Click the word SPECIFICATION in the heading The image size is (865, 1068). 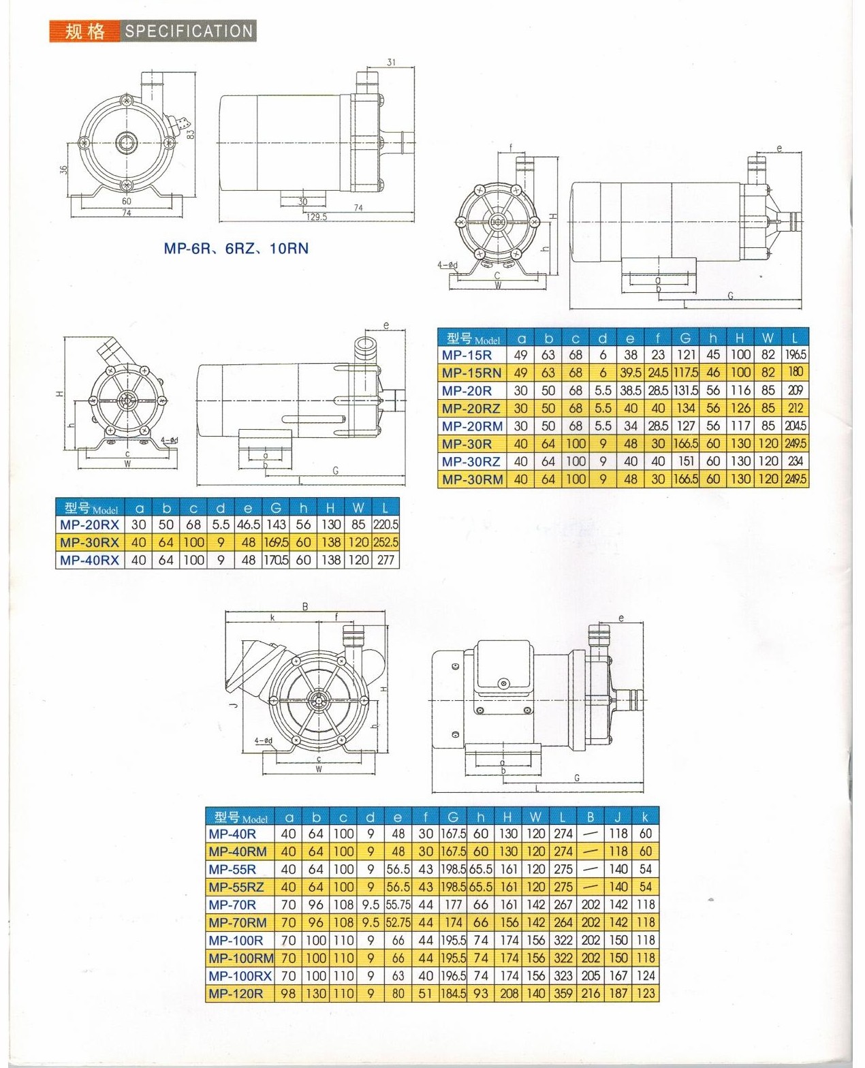189,31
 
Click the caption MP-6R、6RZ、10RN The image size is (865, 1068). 236,249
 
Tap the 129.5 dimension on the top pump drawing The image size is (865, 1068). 317,217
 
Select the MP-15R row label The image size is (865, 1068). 467,355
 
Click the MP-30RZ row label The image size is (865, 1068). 471,461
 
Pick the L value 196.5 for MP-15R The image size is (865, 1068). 795,355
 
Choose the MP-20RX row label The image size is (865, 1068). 89,524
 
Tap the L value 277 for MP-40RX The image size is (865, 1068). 386,560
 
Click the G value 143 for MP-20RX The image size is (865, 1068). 276,524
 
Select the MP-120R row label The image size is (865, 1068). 236,993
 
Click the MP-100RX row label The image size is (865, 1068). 240,975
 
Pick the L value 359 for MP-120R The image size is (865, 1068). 563,993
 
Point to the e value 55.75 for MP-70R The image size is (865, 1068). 398,905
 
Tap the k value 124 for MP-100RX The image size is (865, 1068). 646,975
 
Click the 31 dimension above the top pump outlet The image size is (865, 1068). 391,63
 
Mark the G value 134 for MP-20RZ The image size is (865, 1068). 686,408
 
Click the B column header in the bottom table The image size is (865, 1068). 591,817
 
